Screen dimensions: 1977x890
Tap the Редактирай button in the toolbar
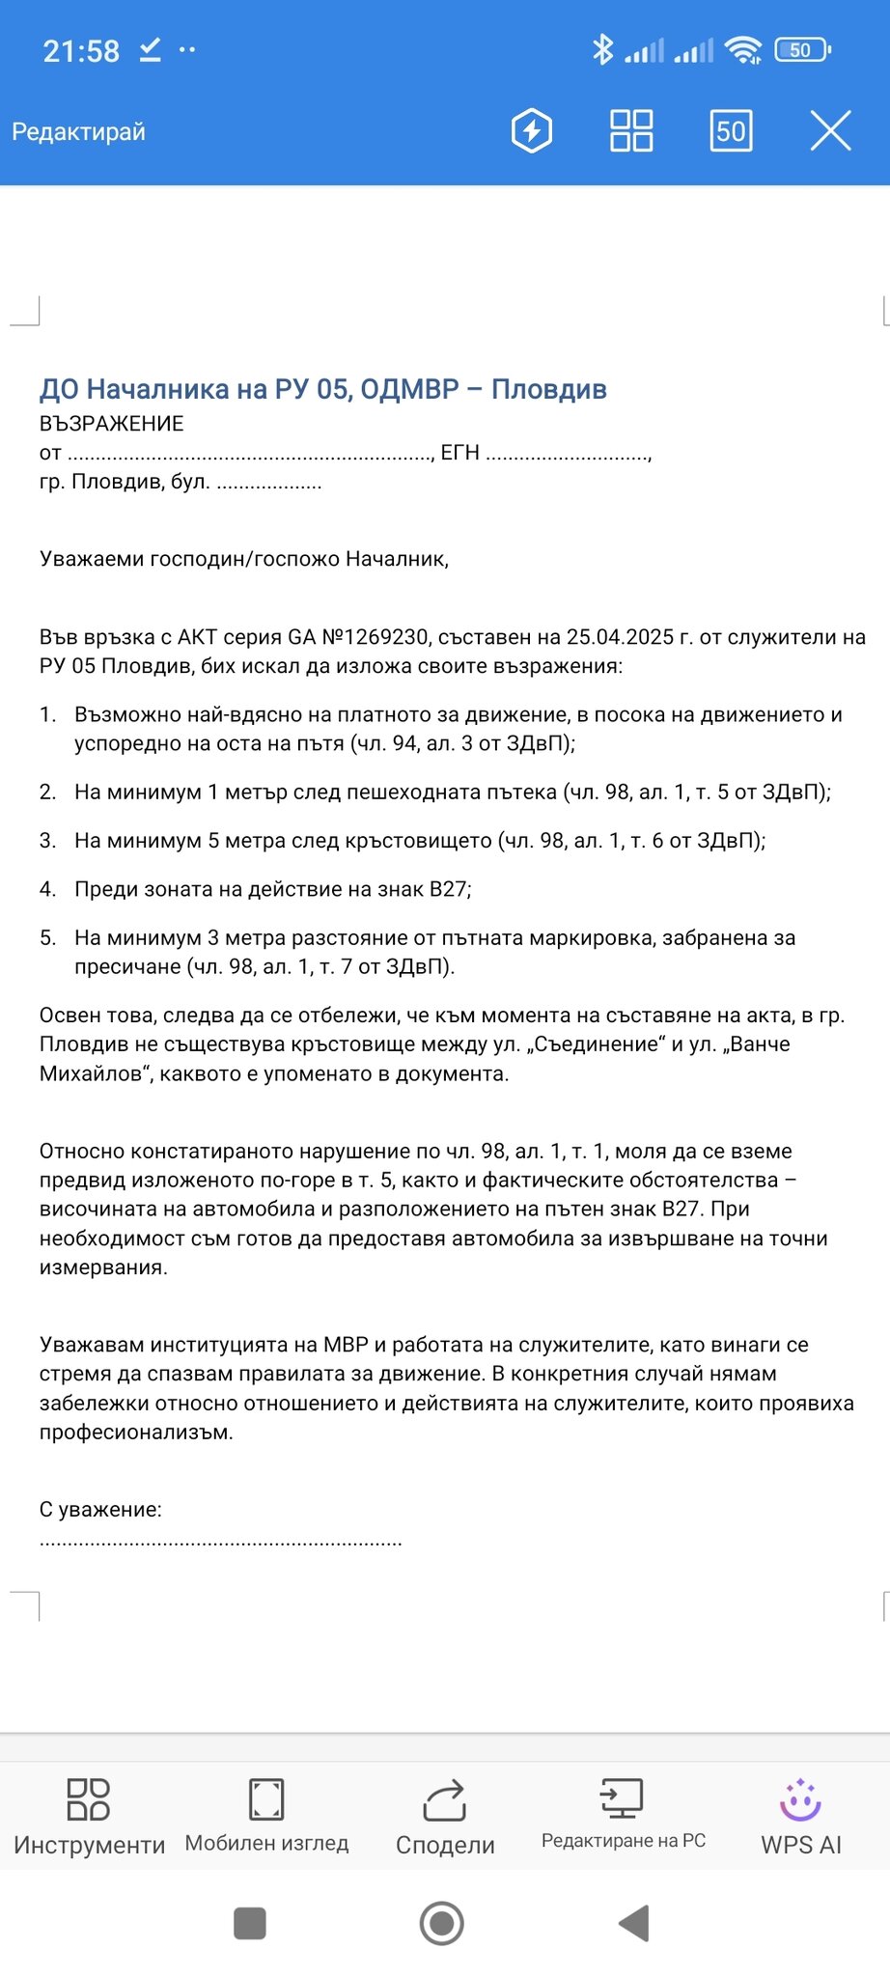click(x=78, y=131)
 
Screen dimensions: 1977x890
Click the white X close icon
click(x=830, y=131)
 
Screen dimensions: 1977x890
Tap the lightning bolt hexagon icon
click(x=531, y=131)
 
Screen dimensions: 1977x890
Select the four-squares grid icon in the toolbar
click(x=631, y=131)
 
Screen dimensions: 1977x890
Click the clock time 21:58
click(x=81, y=51)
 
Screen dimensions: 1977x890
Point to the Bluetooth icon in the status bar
click(x=603, y=49)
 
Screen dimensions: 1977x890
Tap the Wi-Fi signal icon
click(x=743, y=50)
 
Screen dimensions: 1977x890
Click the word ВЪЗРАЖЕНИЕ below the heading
click(x=111, y=424)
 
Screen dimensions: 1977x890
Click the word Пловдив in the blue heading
click(x=548, y=389)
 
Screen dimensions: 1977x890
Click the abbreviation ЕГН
click(x=459, y=453)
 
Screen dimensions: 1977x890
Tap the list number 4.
click(x=47, y=889)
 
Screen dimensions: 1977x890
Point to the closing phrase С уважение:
click(x=100, y=1510)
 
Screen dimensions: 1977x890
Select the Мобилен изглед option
click(x=266, y=1815)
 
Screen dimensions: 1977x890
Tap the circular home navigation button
click(x=442, y=1923)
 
